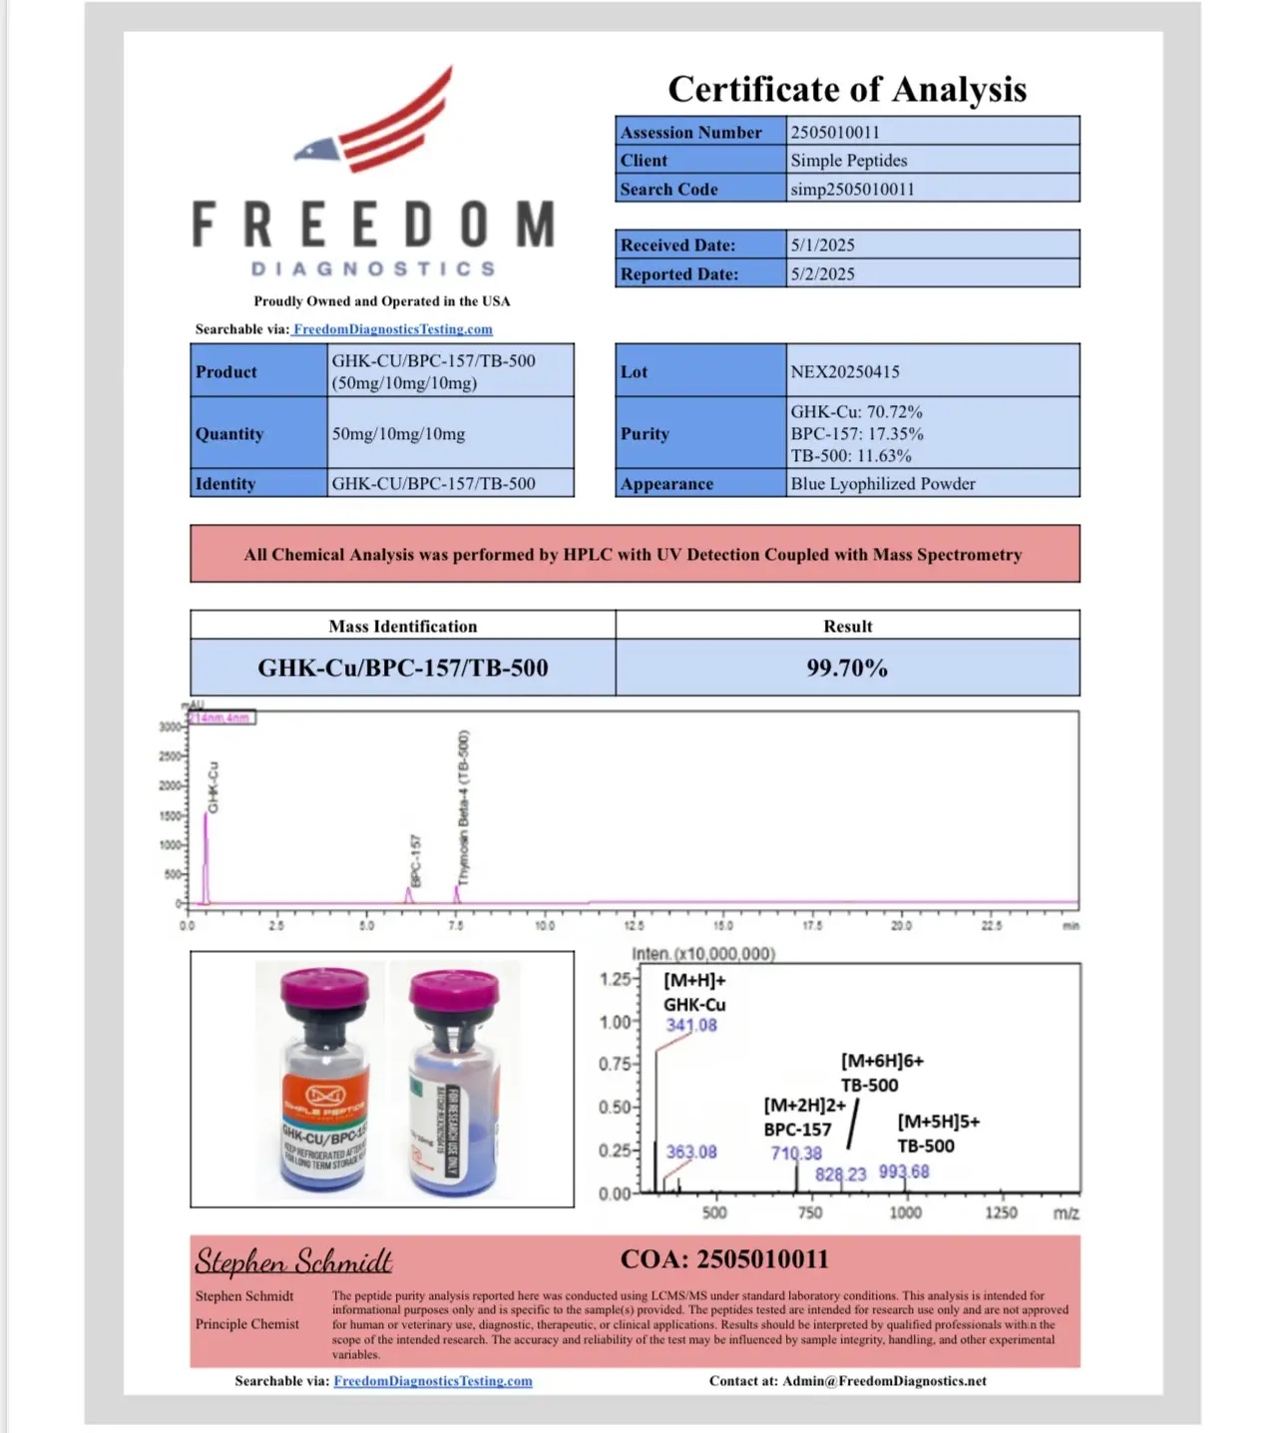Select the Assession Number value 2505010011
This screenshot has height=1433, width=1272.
[x=835, y=132]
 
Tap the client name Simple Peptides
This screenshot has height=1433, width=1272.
[x=849, y=161]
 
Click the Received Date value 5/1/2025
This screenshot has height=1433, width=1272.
[x=823, y=245]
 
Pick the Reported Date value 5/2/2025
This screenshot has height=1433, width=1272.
[x=823, y=274]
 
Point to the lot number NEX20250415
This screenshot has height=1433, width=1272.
[x=845, y=372]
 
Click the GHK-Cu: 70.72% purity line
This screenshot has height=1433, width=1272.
[x=857, y=412]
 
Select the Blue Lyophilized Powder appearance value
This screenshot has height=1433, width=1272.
[x=883, y=484]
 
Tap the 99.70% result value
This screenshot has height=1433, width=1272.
[x=847, y=668]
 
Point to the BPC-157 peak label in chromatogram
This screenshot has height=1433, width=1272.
[x=416, y=860]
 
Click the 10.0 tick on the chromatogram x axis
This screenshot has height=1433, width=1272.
[x=545, y=926]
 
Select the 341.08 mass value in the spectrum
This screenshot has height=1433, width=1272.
[x=691, y=1025]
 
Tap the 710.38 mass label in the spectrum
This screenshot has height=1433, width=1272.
[x=796, y=1154]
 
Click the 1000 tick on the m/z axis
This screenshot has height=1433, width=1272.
[x=905, y=1212]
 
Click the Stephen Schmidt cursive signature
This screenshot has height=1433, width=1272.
[x=293, y=1261]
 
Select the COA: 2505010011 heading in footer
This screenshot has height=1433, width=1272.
[x=724, y=1259]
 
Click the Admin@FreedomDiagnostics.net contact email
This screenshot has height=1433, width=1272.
[x=884, y=1381]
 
